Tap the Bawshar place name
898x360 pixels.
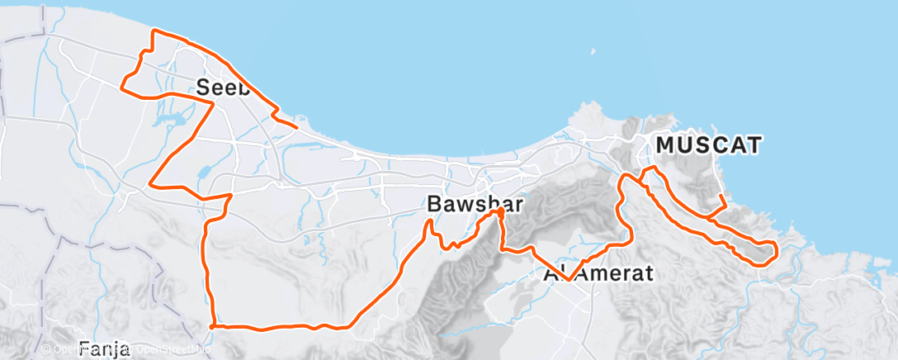475,203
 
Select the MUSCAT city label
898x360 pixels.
708,145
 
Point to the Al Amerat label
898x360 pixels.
598,273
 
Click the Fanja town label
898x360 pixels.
106,347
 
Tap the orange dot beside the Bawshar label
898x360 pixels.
501,212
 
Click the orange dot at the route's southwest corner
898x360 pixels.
213,326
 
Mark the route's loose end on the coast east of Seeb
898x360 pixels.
295,127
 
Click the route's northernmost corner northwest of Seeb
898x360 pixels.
154,31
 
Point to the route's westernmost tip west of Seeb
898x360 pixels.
123,84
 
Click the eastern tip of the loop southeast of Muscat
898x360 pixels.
776,248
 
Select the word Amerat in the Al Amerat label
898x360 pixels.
615,273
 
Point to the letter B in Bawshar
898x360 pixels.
435,203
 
